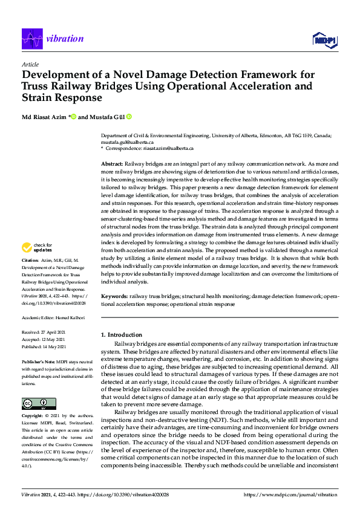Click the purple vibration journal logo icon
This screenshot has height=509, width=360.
tap(32, 39)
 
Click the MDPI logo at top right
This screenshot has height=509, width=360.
tap(324, 40)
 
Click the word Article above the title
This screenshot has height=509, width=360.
tap(30, 64)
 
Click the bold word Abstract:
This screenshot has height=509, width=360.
tap(112, 164)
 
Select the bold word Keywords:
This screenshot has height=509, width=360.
tap(114, 297)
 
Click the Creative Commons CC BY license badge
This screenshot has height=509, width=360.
tap(34, 403)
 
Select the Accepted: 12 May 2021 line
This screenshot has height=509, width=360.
tap(44, 339)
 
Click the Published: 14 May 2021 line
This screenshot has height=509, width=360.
tap(45, 346)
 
